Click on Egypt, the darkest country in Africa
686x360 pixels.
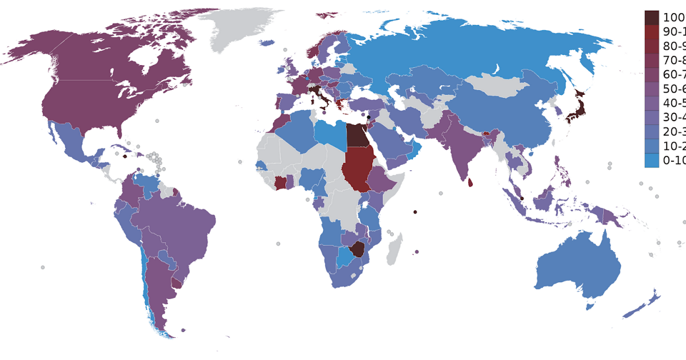coord(357,135)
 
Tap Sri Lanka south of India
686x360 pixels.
coord(470,183)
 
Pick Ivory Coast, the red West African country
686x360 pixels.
coord(281,183)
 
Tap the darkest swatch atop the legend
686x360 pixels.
coord(652,17)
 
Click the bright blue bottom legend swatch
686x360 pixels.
coord(652,161)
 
